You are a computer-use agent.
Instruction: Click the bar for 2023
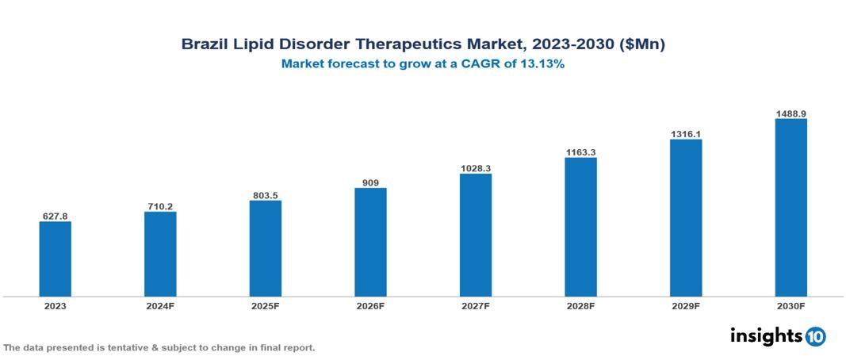coord(56,259)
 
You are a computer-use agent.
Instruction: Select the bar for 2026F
coord(370,242)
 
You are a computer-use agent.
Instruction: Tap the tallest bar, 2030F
coord(790,208)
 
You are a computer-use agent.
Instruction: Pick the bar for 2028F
coord(580,227)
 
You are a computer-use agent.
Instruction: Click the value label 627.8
coord(56,216)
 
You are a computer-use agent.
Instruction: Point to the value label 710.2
coord(160,206)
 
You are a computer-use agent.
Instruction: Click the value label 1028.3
coord(476,168)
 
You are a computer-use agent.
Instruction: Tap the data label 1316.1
coord(686,134)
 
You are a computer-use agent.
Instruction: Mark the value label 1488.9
coord(790,114)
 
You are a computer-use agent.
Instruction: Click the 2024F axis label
coord(160,305)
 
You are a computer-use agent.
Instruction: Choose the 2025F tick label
coord(266,305)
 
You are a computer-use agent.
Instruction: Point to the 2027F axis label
coord(476,305)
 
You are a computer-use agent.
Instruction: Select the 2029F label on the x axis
coord(686,305)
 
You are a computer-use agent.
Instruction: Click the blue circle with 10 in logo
coord(815,337)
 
